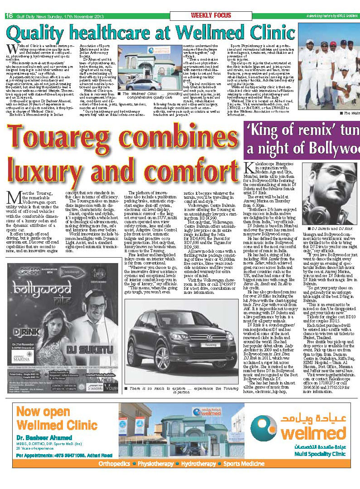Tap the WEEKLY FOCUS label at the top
(211, 15)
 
